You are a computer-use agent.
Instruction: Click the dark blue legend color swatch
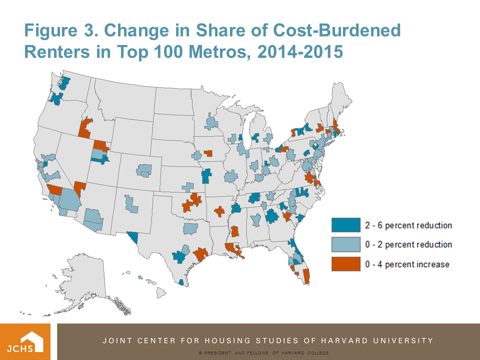[345, 225]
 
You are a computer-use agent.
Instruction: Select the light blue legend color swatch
[345, 244]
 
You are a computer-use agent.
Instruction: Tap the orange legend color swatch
[345, 264]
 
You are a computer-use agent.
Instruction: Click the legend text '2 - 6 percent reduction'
[408, 225]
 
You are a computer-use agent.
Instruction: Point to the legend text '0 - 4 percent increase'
[407, 264]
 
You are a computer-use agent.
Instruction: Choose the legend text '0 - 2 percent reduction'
[408, 244]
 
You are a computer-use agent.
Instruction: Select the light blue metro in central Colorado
[144, 171]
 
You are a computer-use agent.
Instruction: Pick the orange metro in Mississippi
[234, 231]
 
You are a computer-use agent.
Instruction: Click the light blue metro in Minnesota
[211, 122]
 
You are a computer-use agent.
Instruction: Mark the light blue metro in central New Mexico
[131, 204]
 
